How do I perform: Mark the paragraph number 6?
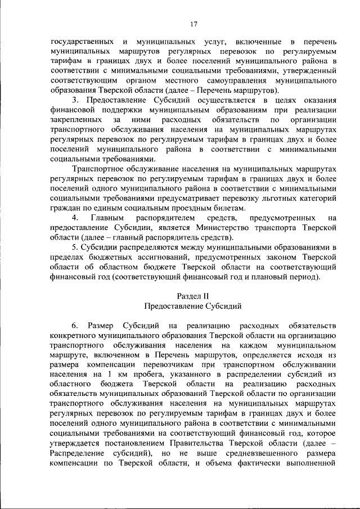pyautogui.click(x=75, y=326)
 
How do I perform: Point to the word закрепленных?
pyautogui.click(x=76, y=120)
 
